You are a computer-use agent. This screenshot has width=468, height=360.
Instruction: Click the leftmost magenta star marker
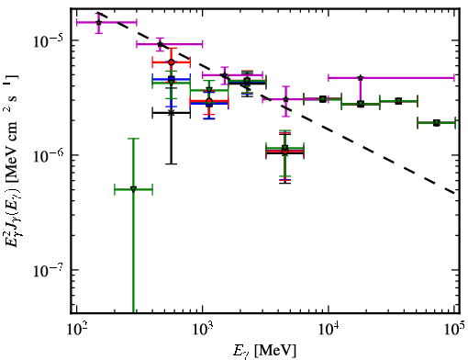[98, 22]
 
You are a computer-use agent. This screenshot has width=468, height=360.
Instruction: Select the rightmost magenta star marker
[361, 78]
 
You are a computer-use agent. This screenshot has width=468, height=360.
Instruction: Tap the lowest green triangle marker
[133, 189]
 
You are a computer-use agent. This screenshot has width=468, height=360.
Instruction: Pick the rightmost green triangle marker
[437, 123]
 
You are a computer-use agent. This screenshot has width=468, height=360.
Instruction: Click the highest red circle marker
[172, 62]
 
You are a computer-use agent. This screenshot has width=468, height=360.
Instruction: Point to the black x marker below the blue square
[172, 113]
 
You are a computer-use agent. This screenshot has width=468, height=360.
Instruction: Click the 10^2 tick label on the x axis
[76, 330]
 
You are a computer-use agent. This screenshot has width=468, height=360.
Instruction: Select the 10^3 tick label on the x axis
[202, 330]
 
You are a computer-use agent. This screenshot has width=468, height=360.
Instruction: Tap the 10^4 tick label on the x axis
[329, 330]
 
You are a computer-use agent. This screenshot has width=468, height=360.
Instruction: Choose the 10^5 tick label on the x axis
[454, 330]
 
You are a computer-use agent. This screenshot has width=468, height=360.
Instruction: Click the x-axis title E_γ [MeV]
[264, 351]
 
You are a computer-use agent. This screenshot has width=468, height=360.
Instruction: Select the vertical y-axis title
[11, 161]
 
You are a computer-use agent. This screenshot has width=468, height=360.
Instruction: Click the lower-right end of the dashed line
[454, 193]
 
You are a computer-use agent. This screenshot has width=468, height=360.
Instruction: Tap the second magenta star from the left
[160, 44]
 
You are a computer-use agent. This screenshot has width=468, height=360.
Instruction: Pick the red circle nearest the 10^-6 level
[285, 152]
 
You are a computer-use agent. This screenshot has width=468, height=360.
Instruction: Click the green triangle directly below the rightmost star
[361, 104]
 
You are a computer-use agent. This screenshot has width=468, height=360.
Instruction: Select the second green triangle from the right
[398, 101]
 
